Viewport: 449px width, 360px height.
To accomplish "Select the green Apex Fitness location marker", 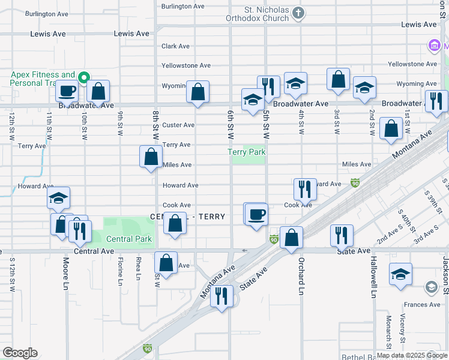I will (85, 77).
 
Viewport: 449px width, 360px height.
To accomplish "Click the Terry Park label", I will (247, 152).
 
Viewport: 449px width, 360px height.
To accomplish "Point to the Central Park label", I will (128, 239).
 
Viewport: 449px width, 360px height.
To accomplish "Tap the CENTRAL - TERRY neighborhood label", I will (187, 217).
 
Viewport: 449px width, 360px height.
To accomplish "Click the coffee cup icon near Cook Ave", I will (257, 214).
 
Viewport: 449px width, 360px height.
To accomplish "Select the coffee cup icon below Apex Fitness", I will (67, 91).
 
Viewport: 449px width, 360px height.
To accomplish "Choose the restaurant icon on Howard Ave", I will (305, 188).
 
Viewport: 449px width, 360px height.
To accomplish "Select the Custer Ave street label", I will (178, 125).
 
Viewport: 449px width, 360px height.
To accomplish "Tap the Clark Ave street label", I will (175, 46).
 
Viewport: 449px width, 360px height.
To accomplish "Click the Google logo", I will (19, 353).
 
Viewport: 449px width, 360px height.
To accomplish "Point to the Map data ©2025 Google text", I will (411, 355).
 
